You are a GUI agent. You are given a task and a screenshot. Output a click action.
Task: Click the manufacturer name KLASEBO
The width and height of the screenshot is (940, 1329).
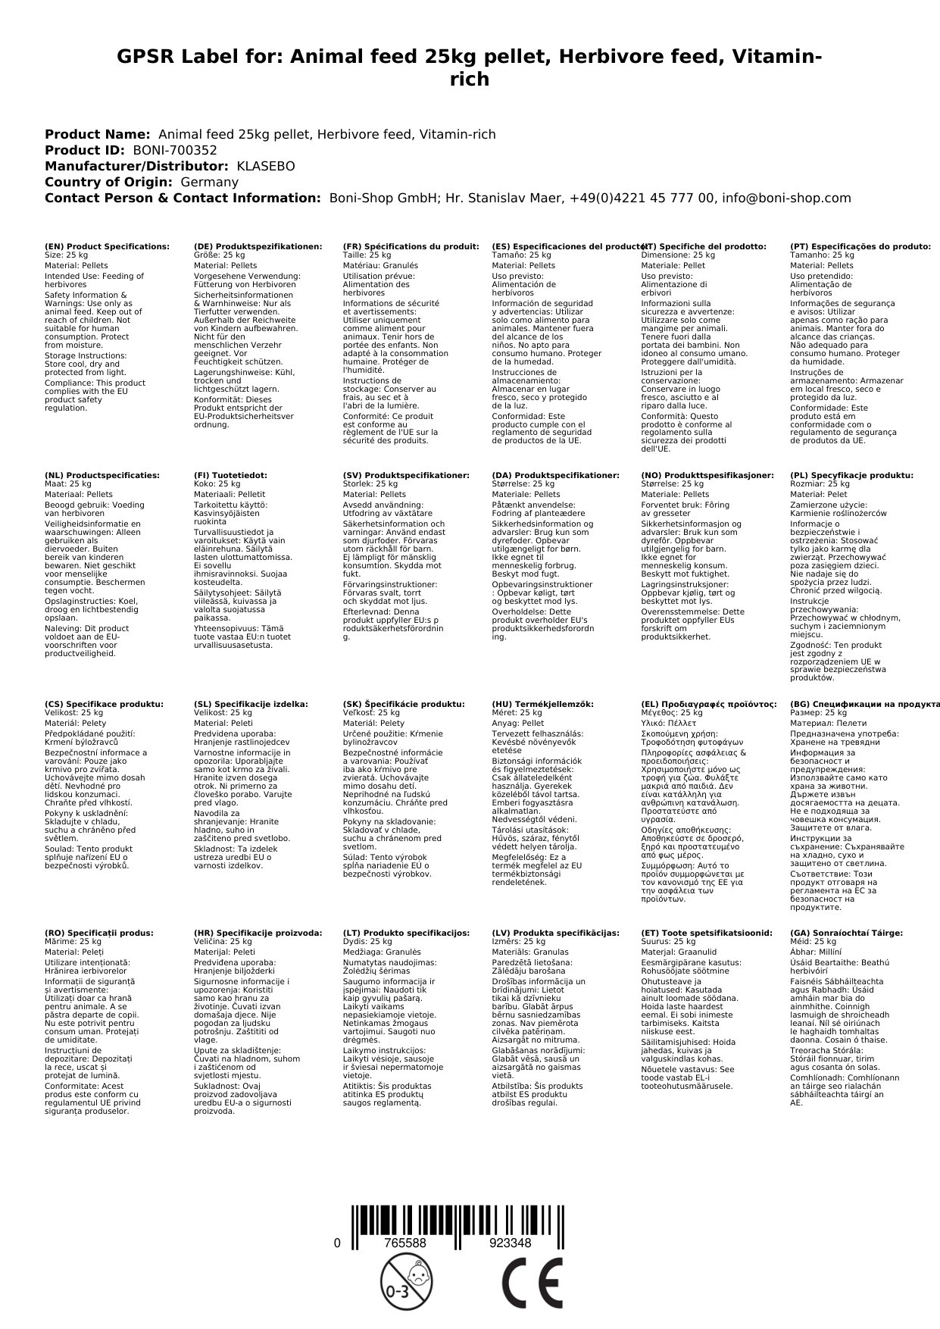266,166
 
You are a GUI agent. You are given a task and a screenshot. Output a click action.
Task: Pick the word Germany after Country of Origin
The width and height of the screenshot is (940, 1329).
209,182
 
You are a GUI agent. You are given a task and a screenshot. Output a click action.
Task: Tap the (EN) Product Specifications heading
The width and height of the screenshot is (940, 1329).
107,246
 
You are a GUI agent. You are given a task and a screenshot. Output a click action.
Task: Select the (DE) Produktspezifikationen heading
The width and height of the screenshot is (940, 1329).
258,246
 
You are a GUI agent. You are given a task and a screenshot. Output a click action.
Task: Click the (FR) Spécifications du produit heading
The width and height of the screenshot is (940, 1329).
411,246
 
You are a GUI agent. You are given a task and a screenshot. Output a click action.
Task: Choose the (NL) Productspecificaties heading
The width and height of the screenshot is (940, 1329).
102,475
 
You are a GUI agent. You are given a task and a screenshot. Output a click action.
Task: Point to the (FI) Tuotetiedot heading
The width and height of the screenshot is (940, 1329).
230,475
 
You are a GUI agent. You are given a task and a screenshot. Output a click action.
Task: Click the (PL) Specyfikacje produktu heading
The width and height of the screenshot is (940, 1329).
851,475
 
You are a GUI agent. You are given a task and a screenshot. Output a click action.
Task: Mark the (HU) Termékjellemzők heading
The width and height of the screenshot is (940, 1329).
542,704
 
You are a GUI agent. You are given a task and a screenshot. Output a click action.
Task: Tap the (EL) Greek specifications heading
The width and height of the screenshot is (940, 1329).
708,704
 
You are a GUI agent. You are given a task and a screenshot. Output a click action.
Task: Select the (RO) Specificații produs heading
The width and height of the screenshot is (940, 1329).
98,933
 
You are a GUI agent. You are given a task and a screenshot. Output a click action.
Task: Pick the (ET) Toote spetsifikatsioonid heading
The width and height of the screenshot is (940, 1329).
707,933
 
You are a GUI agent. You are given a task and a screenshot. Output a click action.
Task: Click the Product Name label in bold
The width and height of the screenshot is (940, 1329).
97,134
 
